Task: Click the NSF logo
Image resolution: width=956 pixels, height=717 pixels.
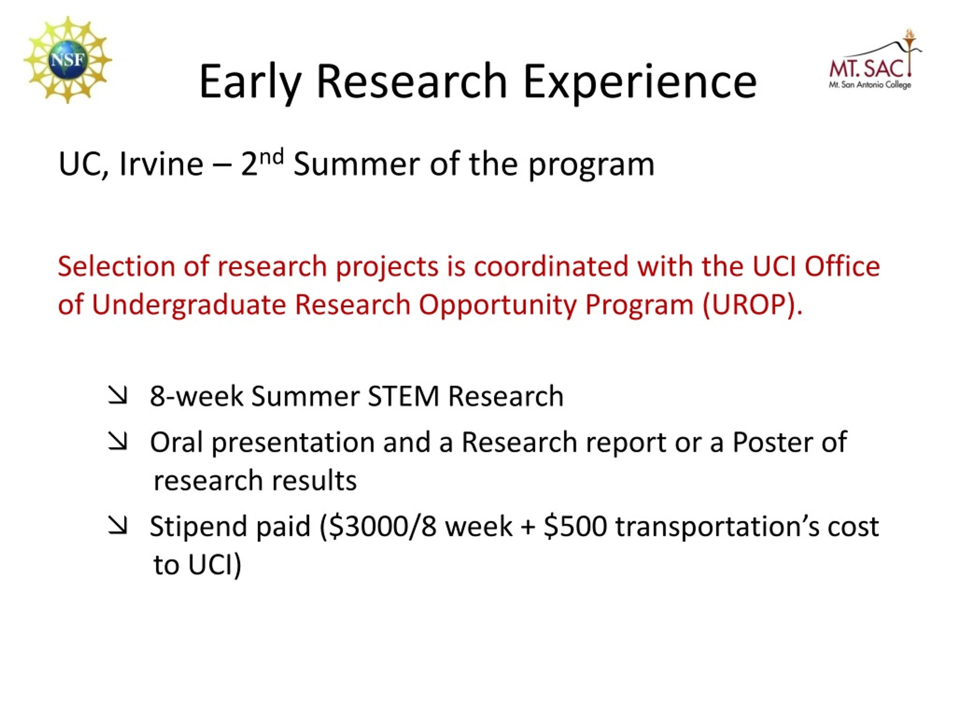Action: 68,60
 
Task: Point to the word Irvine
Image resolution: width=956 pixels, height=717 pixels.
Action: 161,164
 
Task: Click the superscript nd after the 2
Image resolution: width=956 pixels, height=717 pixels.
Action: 272,157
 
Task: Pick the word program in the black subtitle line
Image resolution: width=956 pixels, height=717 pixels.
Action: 592,166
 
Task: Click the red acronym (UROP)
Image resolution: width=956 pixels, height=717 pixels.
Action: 752,305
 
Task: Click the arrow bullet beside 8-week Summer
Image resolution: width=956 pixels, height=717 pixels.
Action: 118,395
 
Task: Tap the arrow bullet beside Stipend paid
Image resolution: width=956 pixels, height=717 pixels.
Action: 118,525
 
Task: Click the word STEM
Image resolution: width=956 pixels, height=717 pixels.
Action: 403,396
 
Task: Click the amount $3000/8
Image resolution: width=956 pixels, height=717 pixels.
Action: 382,527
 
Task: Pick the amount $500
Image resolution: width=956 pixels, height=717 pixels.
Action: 575,527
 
